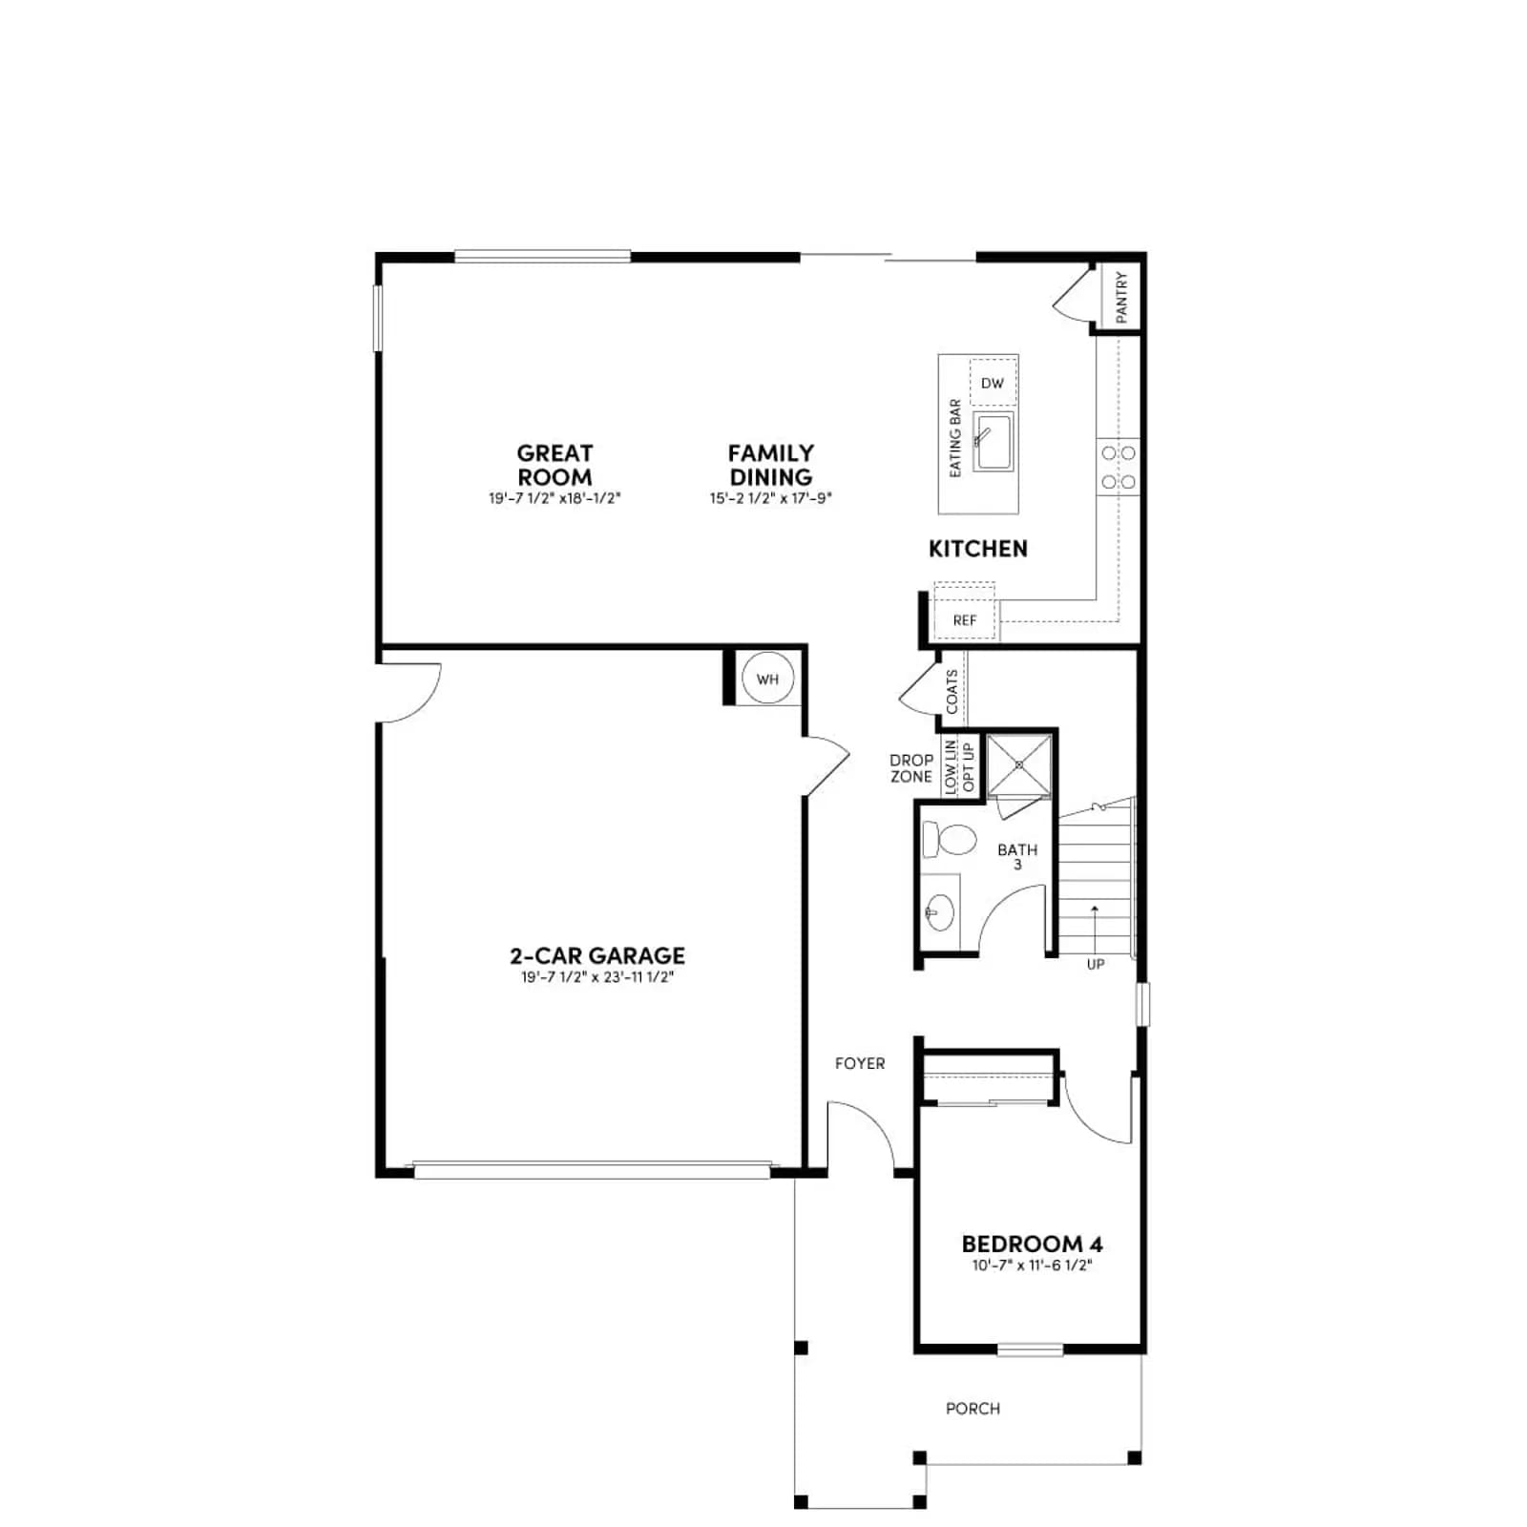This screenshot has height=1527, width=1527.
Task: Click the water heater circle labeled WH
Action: [767, 679]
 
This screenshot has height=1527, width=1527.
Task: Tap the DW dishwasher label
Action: [993, 383]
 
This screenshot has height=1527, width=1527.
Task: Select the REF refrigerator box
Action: [965, 619]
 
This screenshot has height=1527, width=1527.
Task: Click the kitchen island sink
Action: [994, 442]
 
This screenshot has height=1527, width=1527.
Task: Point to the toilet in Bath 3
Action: [949, 840]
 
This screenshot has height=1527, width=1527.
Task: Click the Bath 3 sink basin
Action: [940, 912]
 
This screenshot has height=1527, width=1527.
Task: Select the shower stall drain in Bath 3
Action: [1019, 764]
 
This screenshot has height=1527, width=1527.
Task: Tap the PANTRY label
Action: [1121, 297]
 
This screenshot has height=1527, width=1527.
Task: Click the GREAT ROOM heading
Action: [554, 465]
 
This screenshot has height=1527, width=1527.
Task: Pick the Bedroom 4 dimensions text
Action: [1032, 1266]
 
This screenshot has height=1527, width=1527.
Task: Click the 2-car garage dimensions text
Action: [597, 976]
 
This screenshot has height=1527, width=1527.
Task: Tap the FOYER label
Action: [860, 1063]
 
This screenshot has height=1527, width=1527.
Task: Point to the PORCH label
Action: [973, 1408]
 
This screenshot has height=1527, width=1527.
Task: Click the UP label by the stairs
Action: [1096, 964]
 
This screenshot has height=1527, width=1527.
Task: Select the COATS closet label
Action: [952, 692]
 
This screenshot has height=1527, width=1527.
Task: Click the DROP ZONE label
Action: [911, 768]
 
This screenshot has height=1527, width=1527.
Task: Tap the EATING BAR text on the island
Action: [955, 438]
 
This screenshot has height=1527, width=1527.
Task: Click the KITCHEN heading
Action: [978, 549]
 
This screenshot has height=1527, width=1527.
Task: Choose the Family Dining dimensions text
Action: [771, 498]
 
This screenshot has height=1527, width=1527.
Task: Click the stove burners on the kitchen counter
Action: [1119, 468]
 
